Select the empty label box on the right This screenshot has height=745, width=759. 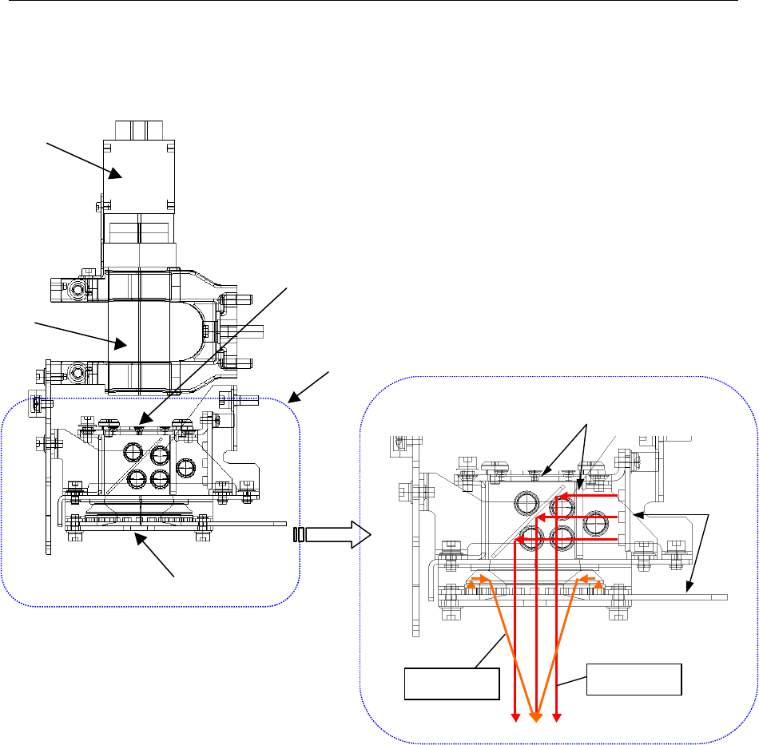pyautogui.click(x=634, y=680)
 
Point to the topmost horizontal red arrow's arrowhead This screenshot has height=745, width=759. pyautogui.click(x=562, y=497)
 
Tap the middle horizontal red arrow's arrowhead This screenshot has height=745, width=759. pyautogui.click(x=540, y=518)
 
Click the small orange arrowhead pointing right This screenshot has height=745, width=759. pyautogui.click(x=484, y=577)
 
